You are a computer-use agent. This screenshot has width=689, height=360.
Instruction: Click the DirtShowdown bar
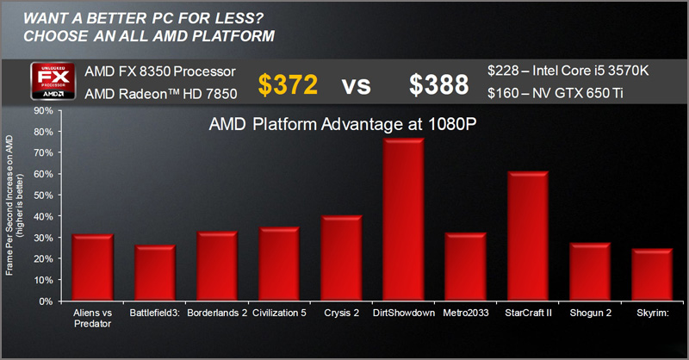click(x=403, y=220)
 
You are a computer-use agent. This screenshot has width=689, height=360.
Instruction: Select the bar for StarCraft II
click(x=527, y=237)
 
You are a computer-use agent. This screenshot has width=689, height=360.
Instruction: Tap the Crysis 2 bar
click(x=341, y=258)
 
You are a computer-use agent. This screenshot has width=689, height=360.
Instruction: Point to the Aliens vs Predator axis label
click(x=92, y=318)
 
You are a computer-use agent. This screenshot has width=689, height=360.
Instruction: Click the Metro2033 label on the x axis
click(x=465, y=313)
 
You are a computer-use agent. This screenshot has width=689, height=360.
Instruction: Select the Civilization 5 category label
click(x=279, y=313)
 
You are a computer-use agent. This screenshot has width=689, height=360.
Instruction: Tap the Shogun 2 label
click(x=589, y=313)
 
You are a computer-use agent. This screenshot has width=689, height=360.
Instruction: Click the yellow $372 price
click(x=289, y=84)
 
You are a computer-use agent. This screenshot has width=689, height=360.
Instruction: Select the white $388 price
click(x=438, y=84)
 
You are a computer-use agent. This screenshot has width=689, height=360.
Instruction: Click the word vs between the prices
click(x=363, y=84)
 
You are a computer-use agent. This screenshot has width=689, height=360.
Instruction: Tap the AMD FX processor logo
click(x=55, y=83)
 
